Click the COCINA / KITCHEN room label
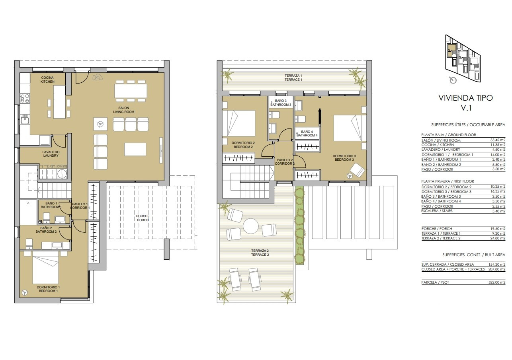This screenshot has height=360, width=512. tap(47, 80)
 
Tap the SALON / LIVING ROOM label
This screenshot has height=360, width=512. tap(124, 110)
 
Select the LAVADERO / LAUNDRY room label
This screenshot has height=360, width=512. tap(51, 154)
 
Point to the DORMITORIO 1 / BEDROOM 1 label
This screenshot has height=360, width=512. tap(48, 289)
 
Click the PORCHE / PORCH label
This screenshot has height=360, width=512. tap(143, 218)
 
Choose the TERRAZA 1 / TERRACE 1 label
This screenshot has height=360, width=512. tap(293, 78)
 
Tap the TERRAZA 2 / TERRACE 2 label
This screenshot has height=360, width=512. tap(260, 253)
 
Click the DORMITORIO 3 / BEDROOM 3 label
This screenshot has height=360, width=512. tap(344, 158)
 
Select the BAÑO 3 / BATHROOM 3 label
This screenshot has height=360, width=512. tap(281, 103)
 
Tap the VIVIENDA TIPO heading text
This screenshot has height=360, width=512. tap(465, 98)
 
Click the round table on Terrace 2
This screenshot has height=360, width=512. tap(251, 226)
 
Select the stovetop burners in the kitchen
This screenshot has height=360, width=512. tap(25, 99)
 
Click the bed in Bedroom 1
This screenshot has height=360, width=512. tap(46, 270)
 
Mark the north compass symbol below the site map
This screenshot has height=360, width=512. tap(453, 80)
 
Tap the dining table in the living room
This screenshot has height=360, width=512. tap(131, 91)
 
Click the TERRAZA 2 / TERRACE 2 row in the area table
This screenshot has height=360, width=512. tap(463, 238)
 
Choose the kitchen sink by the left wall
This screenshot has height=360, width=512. tap(24, 120)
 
